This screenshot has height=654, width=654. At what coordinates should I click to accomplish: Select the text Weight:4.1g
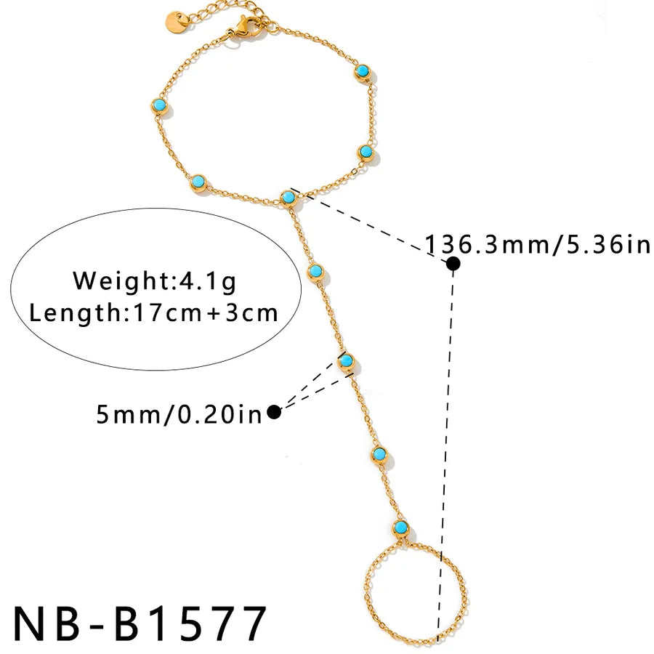154,280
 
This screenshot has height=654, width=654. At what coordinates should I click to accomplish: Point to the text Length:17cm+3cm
153,312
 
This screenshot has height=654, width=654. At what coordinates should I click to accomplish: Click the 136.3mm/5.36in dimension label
537,244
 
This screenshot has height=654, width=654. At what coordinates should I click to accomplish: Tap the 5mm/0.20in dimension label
179,414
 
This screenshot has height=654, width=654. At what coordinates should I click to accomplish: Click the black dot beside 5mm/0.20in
274,412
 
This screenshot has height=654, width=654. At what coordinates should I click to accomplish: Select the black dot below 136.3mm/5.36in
453,264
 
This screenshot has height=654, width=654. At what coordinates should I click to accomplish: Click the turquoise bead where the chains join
288,198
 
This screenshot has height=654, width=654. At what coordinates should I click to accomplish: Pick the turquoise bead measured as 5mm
346,361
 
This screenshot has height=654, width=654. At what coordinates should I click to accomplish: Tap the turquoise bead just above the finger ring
400,528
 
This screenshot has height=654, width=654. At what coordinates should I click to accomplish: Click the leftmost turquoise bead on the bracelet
159,106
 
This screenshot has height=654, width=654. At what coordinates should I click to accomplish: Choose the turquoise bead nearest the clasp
363,72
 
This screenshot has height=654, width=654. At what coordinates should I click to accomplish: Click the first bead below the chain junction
316,272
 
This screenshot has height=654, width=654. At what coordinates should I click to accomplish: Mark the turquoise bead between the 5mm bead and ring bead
379,455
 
